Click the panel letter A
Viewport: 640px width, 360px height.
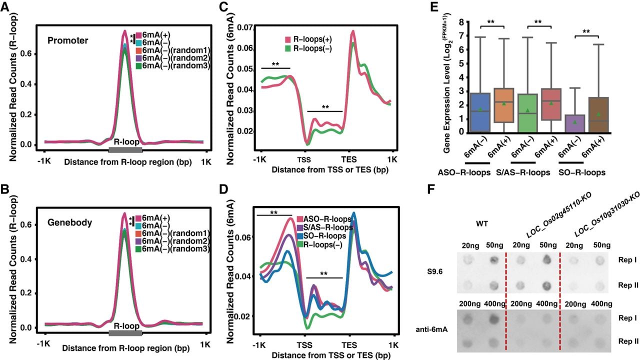pyautogui.click(x=5, y=6)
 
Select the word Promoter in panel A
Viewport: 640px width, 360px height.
pyautogui.click(x=67, y=40)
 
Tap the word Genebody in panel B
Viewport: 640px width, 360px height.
pyautogui.click(x=69, y=222)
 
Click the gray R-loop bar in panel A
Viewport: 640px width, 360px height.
pyautogui.click(x=125, y=150)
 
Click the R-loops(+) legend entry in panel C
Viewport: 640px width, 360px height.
pyautogui.click(x=308, y=39)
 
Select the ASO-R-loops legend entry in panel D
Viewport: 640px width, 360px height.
pyautogui.click(x=324, y=219)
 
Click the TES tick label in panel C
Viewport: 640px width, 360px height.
pyautogui.click(x=349, y=159)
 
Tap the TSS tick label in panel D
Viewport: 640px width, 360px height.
pyautogui.click(x=304, y=345)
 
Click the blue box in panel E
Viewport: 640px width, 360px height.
pyautogui.click(x=480, y=112)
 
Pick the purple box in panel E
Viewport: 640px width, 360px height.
pyautogui.click(x=574, y=123)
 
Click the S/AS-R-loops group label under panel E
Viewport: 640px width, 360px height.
pyautogui.click(x=530, y=172)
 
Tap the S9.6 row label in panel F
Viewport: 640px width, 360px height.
pyautogui.click(x=435, y=271)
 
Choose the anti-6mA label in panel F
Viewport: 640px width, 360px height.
pyautogui.click(x=431, y=329)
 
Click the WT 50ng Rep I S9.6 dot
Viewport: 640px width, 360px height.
pyautogui.click(x=494, y=260)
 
